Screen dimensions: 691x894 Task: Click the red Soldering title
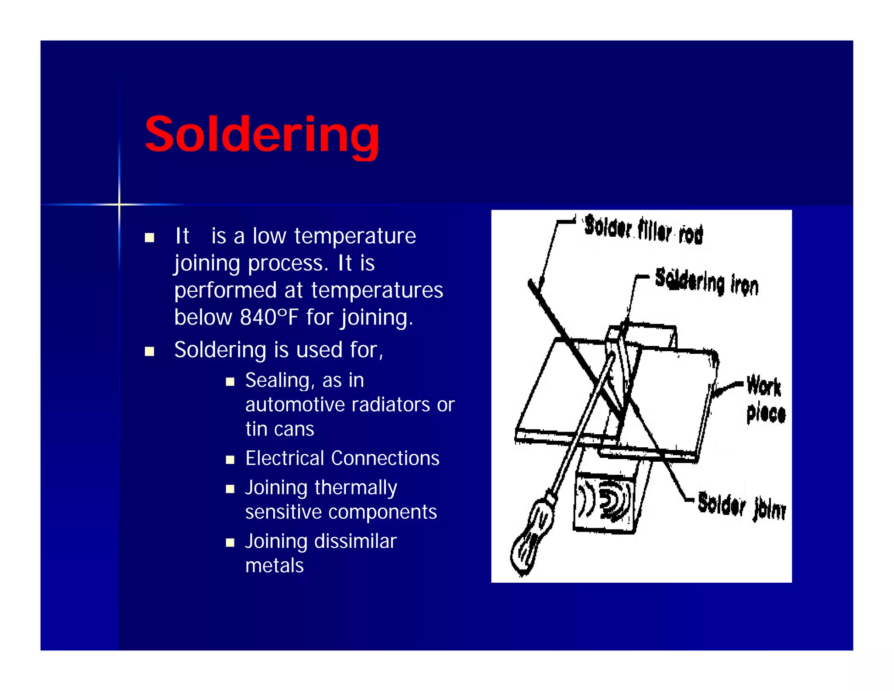[262, 135]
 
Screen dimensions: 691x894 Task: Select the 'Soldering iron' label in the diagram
[707, 282]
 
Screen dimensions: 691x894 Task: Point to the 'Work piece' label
[766, 399]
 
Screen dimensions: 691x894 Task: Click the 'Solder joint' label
[741, 506]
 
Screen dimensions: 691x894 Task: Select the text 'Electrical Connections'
[342, 459]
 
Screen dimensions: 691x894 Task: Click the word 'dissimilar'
[355, 542]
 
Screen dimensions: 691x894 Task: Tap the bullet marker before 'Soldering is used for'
[150, 352]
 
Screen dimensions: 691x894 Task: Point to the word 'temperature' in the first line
[355, 236]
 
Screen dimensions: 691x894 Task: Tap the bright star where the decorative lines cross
[119, 204]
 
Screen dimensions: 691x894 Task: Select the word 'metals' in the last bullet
[274, 566]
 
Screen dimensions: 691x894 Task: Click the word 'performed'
[225, 290]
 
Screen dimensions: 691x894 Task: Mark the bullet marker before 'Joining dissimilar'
[230, 543]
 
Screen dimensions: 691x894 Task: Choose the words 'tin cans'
[279, 429]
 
